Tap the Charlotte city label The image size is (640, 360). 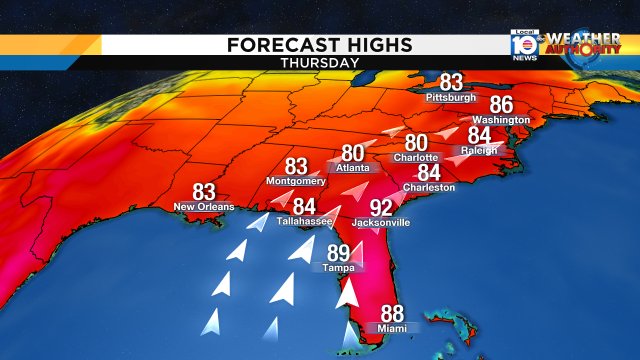415,158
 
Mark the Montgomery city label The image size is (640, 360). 296,181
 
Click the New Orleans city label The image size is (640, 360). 204,207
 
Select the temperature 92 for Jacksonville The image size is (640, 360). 381,208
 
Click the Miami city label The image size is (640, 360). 392,328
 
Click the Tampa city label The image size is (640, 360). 337,268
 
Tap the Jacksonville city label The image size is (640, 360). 380,223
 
